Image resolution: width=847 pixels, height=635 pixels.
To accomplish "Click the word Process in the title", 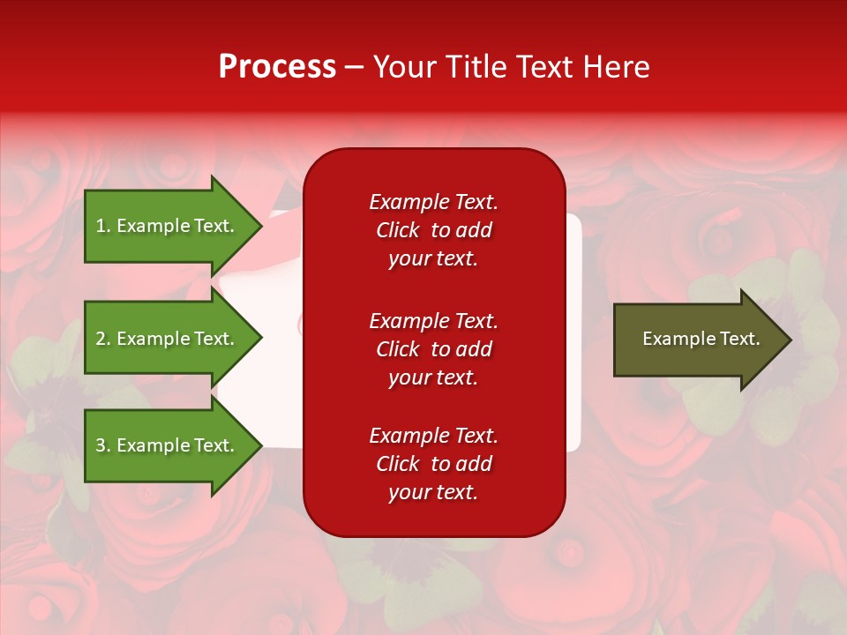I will [277, 67].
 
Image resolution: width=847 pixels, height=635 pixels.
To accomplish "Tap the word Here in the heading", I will [614, 67].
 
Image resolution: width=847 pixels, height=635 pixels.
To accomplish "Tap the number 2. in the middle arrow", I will [103, 339].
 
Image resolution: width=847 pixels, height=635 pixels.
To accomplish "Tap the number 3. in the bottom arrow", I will [103, 445].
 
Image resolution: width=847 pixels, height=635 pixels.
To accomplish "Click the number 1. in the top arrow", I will [102, 226].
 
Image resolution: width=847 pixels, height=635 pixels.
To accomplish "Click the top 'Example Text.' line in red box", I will [433, 202].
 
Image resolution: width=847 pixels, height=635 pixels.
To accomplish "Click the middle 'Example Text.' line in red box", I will [433, 321].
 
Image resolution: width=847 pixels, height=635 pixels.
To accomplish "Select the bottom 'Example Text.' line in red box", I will [433, 436].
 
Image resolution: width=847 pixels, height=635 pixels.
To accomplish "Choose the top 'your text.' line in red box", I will [433, 259].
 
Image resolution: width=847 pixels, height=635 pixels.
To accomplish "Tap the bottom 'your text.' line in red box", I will [433, 493].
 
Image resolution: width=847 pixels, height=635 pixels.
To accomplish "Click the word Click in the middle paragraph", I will [398, 349].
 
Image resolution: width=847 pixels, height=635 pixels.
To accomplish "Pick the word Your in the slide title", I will [403, 67].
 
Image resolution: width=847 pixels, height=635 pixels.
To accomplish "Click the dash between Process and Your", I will [355, 68].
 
